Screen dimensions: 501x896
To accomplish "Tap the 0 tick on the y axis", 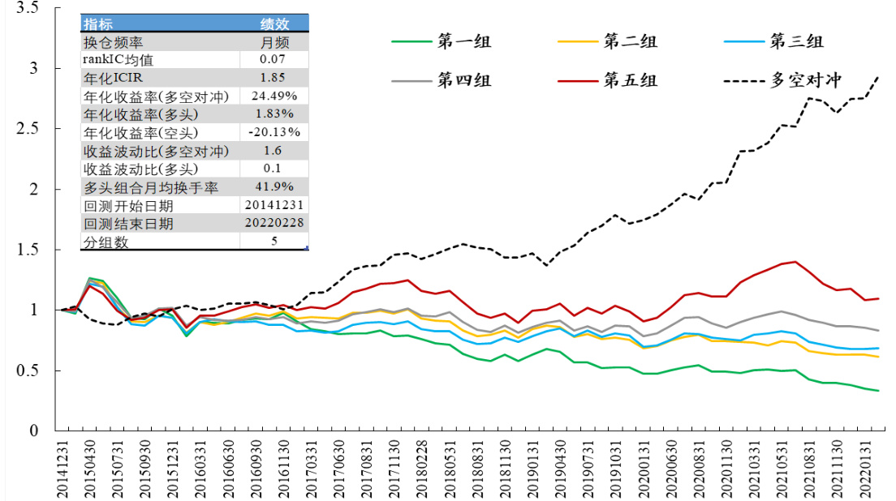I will coord(34,430).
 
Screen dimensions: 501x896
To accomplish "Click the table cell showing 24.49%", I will coord(275,96).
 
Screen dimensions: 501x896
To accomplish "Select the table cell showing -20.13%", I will coord(275,132).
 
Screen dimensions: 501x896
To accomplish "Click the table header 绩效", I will coord(275,24).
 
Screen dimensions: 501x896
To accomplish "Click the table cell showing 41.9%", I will coord(275,187).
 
